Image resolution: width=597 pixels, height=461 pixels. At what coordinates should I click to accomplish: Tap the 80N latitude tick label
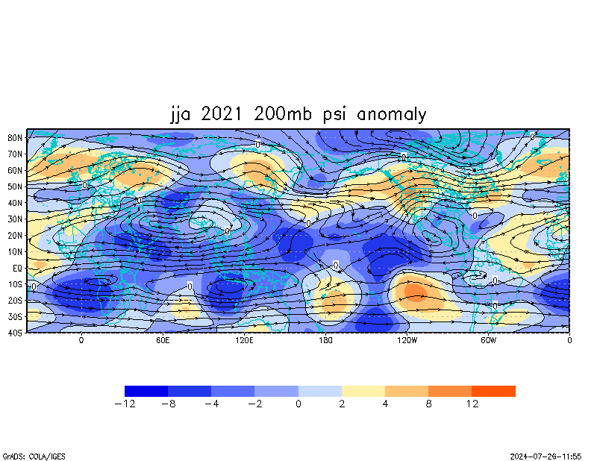tap(14, 137)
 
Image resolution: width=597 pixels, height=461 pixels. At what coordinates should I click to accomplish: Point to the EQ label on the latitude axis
tap(16, 268)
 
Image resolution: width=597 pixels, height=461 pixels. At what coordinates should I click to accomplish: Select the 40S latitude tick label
tap(14, 333)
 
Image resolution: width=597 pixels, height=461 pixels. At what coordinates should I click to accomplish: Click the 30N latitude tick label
tap(14, 219)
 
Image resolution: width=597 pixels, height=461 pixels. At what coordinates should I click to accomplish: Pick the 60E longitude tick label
tap(163, 341)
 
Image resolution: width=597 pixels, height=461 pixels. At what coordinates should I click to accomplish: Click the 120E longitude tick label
tap(244, 341)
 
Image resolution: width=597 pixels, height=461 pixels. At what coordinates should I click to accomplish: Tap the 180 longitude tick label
tap(325, 341)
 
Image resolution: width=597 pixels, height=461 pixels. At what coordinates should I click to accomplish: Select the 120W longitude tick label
tap(407, 341)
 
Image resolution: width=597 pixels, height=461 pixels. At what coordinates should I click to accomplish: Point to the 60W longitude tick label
tap(488, 341)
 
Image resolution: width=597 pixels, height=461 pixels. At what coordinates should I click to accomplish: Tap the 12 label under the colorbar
tap(472, 404)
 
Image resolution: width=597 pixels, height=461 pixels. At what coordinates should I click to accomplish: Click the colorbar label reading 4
tap(385, 404)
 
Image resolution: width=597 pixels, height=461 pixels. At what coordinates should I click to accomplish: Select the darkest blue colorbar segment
tap(146, 391)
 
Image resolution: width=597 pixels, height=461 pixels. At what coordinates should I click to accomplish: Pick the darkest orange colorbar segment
tap(493, 391)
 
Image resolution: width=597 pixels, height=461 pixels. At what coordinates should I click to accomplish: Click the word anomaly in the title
tap(392, 114)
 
